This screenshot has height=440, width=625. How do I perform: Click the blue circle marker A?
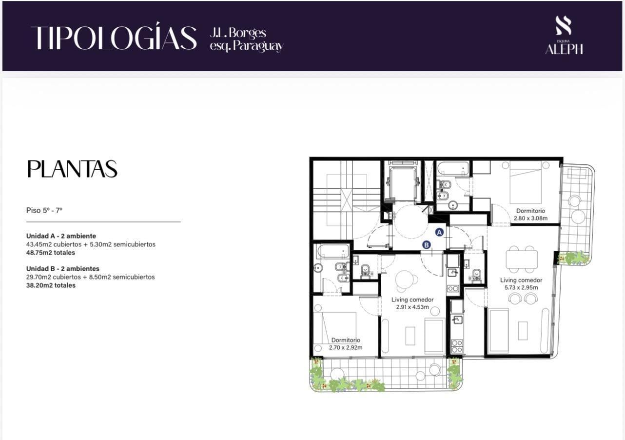(439, 232)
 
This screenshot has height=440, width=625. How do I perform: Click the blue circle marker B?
(427, 245)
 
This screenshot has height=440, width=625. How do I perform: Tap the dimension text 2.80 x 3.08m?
(530, 219)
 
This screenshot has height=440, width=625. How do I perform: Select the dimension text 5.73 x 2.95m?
(521, 288)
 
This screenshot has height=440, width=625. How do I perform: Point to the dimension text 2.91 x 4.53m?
(412, 307)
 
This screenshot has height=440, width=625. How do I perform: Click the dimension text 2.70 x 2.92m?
(346, 348)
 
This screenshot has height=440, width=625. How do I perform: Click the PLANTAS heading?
(72, 169)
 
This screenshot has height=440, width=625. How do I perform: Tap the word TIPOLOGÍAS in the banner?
(114, 37)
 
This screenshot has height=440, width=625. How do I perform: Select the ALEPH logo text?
(564, 49)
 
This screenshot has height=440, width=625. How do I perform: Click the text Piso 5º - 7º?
(44, 210)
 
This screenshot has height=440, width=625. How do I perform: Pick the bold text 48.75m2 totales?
(51, 253)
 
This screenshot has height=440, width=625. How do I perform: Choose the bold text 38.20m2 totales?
(51, 285)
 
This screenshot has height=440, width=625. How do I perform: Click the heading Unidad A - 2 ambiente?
(61, 236)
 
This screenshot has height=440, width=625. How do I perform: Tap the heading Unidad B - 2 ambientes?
(63, 269)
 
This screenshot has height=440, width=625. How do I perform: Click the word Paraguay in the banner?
(259, 46)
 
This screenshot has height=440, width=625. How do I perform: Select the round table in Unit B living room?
(404, 279)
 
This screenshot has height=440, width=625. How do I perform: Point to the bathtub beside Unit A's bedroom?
(453, 169)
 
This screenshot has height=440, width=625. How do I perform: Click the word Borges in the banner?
(248, 33)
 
